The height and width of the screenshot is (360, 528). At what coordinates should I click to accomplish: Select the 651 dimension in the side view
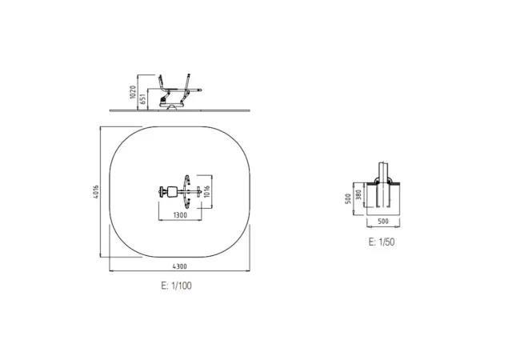(x=144, y=98)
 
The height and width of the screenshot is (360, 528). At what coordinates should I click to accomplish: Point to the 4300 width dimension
(x=179, y=266)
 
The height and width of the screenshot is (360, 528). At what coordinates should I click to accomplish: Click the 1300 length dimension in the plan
(x=180, y=215)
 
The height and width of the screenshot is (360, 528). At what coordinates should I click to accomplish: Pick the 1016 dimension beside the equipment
(x=206, y=190)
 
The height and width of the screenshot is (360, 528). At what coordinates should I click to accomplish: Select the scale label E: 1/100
(x=176, y=285)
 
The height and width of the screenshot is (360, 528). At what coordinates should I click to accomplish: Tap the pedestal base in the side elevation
(x=169, y=104)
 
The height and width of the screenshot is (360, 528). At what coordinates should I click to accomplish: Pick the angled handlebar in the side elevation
(x=186, y=83)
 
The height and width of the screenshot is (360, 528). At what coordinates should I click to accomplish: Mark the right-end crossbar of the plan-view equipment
(x=198, y=191)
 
